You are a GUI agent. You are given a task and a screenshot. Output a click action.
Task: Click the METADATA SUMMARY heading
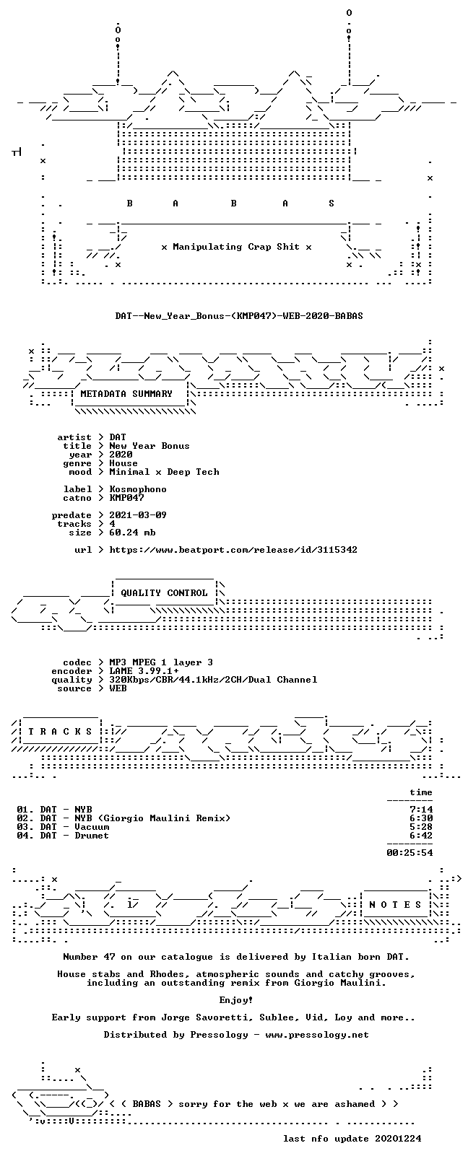pyautogui.click(x=126, y=394)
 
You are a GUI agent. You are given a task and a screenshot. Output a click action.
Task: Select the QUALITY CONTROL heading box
pyautogui.click(x=164, y=593)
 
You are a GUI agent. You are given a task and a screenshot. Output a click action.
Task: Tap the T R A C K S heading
pyautogui.click(x=60, y=732)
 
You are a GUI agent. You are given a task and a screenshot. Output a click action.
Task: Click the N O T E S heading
pyautogui.click(x=395, y=904)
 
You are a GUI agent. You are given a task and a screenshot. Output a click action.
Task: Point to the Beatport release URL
pyautogui.click(x=233, y=550)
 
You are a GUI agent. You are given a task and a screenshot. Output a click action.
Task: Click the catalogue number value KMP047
pyautogui.click(x=126, y=498)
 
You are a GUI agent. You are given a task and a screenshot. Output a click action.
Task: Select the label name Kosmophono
pyautogui.click(x=138, y=489)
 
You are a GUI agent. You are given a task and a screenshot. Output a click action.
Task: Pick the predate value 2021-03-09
pyautogui.click(x=138, y=515)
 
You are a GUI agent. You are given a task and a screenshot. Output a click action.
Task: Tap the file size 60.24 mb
pyautogui.click(x=132, y=533)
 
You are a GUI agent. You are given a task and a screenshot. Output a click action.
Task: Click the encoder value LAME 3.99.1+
pyautogui.click(x=144, y=671)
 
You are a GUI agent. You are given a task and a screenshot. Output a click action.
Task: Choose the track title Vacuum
pyautogui.click(x=92, y=827)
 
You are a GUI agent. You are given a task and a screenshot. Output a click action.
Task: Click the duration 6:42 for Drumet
pyautogui.click(x=421, y=836)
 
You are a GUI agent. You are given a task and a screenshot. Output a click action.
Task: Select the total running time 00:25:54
pyautogui.click(x=409, y=853)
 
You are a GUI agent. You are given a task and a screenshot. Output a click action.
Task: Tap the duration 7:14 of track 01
pyautogui.click(x=421, y=810)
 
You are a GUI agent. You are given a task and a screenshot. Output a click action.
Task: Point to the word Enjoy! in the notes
pyautogui.click(x=236, y=1000)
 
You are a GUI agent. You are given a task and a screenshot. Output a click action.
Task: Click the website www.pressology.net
pyautogui.click(x=317, y=1034)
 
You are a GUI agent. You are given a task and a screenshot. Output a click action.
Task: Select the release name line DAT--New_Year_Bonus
pyautogui.click(x=239, y=316)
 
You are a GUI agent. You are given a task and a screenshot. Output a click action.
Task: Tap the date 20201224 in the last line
pyautogui.click(x=398, y=1139)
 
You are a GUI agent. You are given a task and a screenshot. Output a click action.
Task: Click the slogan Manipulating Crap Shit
pyautogui.click(x=236, y=247)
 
